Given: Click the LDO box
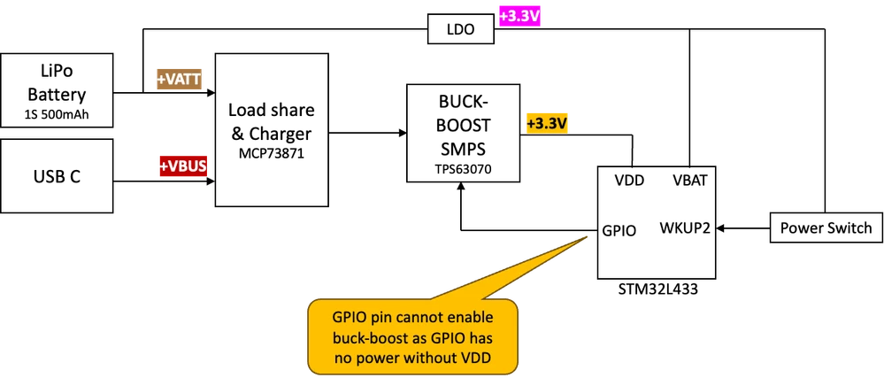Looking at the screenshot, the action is point(461,29).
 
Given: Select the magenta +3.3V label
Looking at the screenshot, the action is point(519,18).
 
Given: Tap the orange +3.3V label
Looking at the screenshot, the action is point(546,124).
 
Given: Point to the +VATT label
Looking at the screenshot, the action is point(179,80).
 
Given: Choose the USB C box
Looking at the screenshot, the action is point(57,176).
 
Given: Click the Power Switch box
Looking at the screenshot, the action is point(826,228).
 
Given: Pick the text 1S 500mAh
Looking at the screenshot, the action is point(57,115).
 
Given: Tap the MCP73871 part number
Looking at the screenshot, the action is point(271,153).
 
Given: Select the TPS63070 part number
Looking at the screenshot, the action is point(463,167).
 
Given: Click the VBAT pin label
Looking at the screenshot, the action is point(689,181).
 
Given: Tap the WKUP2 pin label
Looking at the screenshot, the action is point(684,228).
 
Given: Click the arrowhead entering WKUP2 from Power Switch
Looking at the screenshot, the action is point(719,228).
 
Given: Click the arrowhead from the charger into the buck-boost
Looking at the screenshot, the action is point(403,133).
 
